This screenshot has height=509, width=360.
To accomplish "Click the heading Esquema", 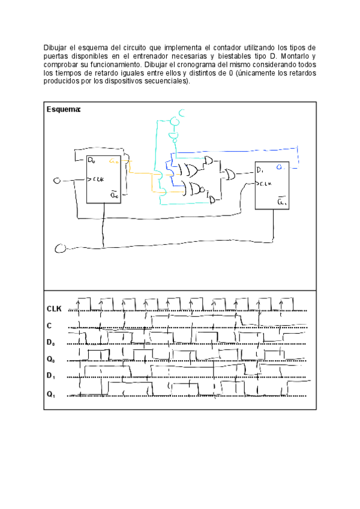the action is coord(63,110).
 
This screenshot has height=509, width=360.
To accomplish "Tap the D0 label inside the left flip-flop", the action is coord(91,160).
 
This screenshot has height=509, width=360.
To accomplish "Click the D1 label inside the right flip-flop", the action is coord(259,171).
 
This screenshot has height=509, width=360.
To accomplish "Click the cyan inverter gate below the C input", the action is coord(175,137).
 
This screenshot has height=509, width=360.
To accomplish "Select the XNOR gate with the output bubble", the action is coord(193,188).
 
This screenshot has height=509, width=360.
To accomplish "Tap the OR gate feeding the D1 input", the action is coord(229,175).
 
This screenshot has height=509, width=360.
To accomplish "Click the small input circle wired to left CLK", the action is coord(58,180).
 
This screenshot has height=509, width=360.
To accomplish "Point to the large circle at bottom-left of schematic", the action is coord(60,248).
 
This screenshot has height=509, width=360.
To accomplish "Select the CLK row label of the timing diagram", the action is coord(55,309).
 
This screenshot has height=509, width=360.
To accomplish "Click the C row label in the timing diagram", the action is coord(49,326).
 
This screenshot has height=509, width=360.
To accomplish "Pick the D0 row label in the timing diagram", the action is coord(52,343).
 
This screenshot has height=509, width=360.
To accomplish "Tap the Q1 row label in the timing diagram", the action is coord(52,395).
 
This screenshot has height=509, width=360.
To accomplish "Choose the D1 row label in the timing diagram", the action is coord(52,378).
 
